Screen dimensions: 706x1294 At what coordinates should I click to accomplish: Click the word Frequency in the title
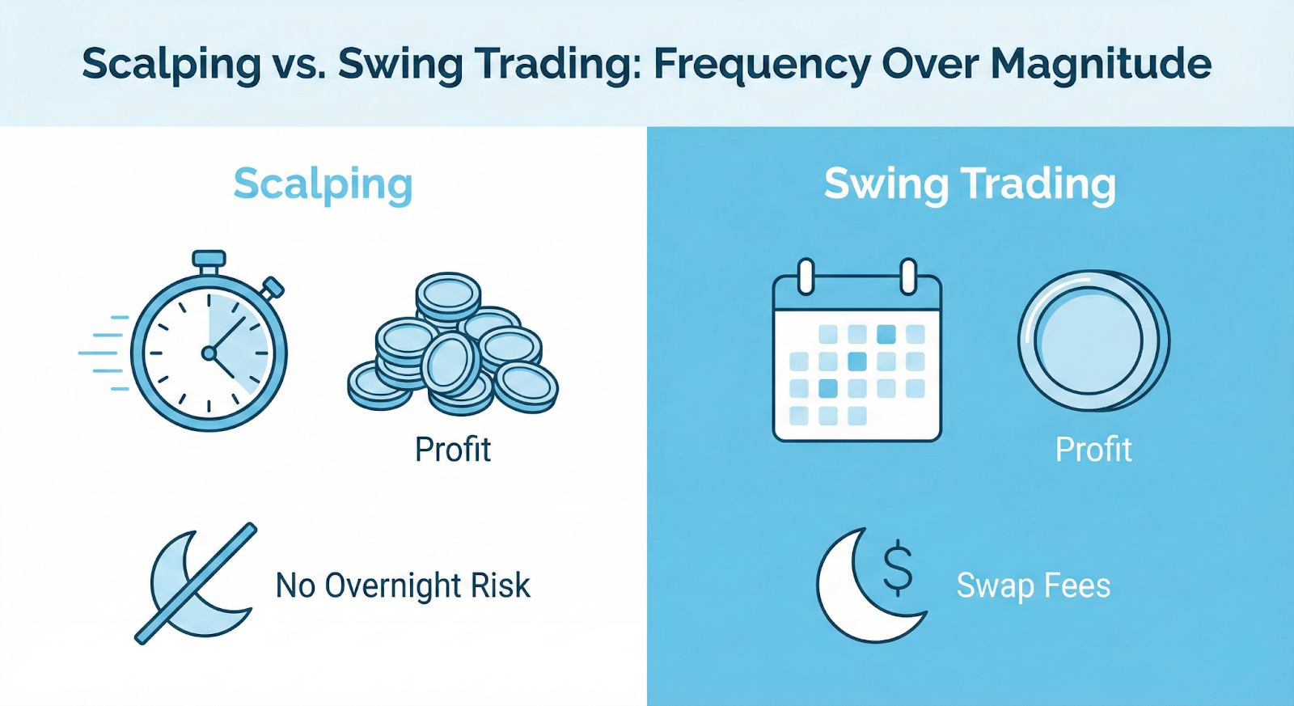[761, 64]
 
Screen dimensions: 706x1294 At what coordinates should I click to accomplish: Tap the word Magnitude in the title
[1101, 64]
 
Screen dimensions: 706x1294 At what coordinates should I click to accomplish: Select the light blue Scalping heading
[323, 184]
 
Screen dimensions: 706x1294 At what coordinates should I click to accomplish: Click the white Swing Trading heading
[970, 184]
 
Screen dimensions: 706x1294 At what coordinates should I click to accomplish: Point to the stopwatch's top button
[209, 260]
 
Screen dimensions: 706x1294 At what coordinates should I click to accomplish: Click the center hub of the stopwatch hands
[209, 353]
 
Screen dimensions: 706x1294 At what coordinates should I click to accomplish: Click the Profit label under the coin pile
[453, 450]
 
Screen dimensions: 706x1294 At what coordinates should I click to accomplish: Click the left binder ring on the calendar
[806, 276]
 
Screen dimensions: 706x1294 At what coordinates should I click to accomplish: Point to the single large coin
[1093, 340]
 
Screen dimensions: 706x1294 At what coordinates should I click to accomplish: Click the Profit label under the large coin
[1093, 450]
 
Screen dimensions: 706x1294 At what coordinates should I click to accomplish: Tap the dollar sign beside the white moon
[898, 568]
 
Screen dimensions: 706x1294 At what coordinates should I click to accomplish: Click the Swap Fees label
[1034, 586]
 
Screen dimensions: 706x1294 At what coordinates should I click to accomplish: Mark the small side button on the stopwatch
[273, 288]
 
